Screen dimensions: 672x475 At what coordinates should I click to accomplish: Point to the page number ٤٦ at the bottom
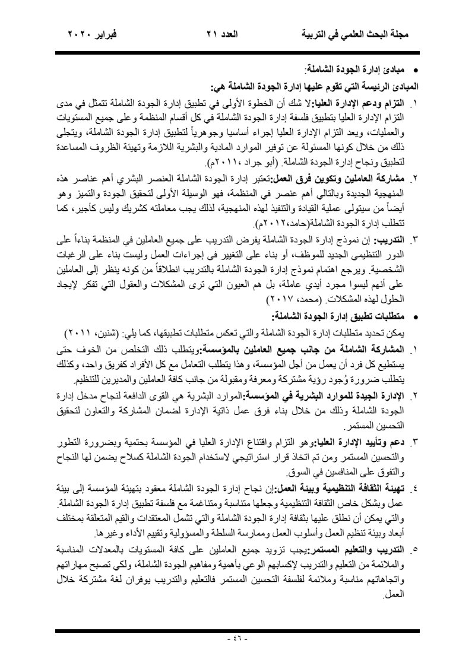click(237, 639)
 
